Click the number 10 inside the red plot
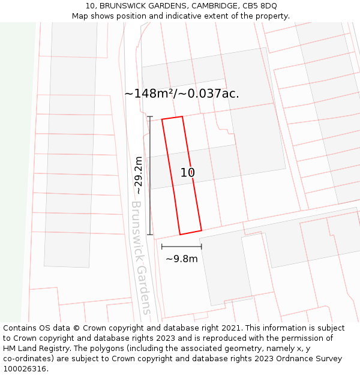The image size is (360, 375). pos(188,173)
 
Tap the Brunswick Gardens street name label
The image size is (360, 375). pos(140,257)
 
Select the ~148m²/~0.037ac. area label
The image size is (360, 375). pos(182,94)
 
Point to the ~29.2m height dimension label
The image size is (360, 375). pos(139,175)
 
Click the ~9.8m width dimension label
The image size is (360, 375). pos(181,259)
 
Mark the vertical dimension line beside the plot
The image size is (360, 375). pos(150,175)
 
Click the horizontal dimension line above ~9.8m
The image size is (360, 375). pos(181,246)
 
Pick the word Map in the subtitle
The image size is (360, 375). pos(81,16)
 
